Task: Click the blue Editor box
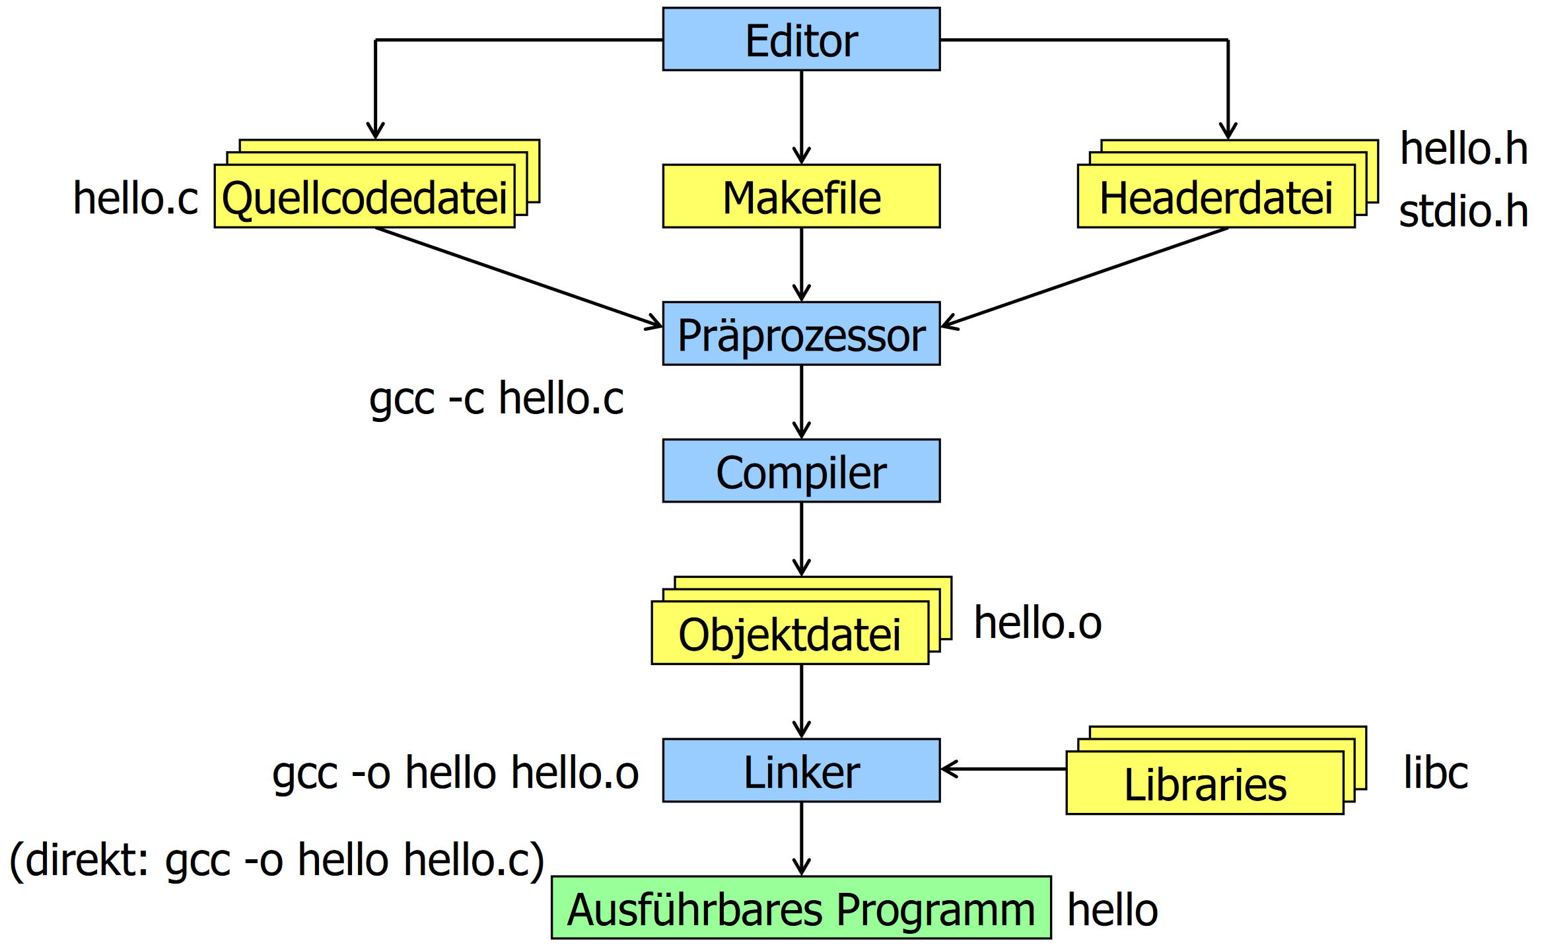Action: [800, 40]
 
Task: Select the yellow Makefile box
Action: [800, 197]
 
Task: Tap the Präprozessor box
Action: [800, 334]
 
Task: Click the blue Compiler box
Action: [800, 472]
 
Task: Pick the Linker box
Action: [800, 771]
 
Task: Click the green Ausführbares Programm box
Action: [800, 908]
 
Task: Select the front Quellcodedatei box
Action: [364, 197]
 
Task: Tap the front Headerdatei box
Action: [1215, 197]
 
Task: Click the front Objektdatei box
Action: [789, 633]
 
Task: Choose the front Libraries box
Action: [1204, 783]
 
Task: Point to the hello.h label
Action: [1463, 149]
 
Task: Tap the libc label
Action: [1435, 772]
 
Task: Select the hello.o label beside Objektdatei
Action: [1037, 623]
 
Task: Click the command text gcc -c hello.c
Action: [496, 398]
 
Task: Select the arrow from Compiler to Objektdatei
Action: [801, 538]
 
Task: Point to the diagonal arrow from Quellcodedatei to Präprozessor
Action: [518, 277]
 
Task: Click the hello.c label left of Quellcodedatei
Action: [135, 198]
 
